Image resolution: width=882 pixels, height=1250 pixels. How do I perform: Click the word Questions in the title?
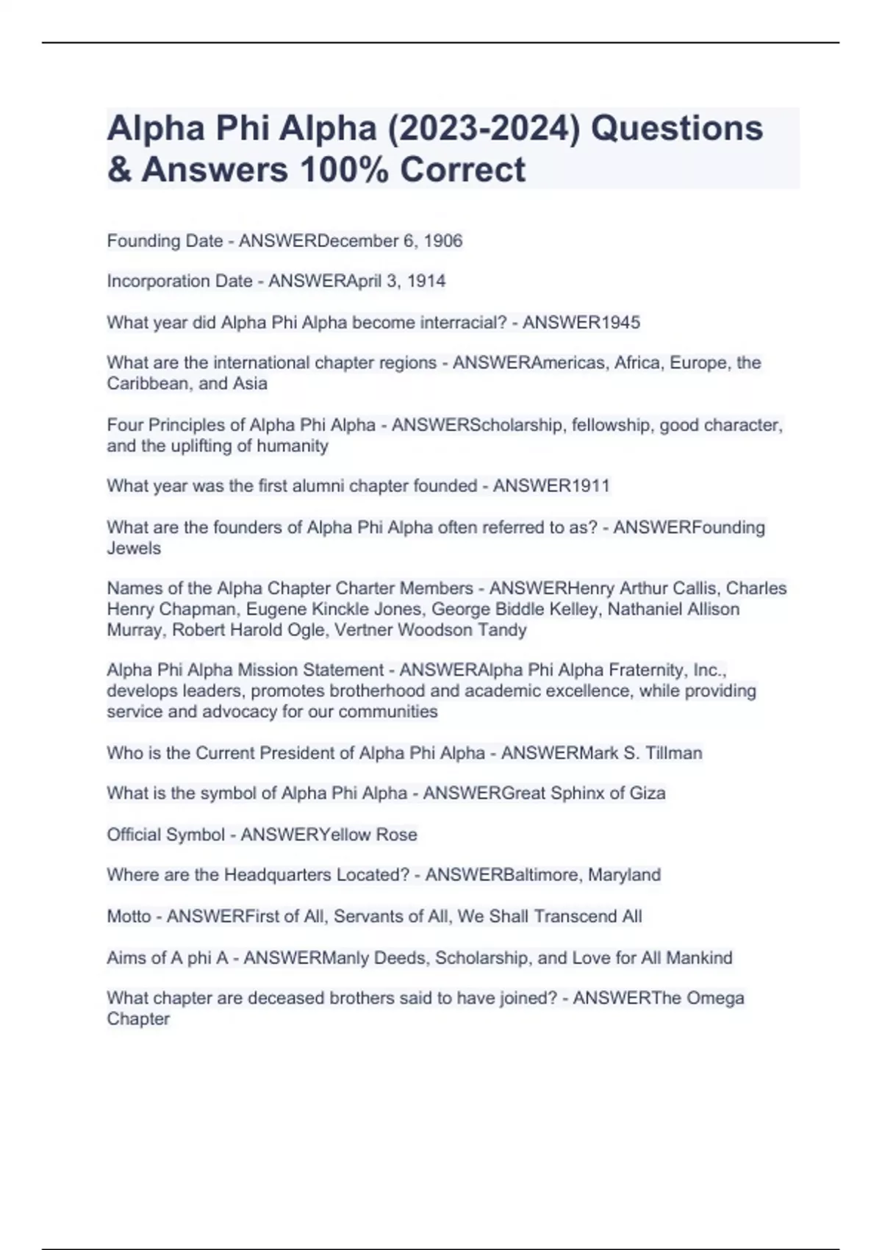pos(677,128)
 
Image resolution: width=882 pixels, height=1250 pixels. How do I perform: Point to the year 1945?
pos(621,322)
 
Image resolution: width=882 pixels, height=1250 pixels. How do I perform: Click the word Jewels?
pos(134,548)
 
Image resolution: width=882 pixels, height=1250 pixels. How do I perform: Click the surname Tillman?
pos(674,753)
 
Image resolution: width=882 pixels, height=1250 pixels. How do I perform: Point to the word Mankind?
pos(696,957)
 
